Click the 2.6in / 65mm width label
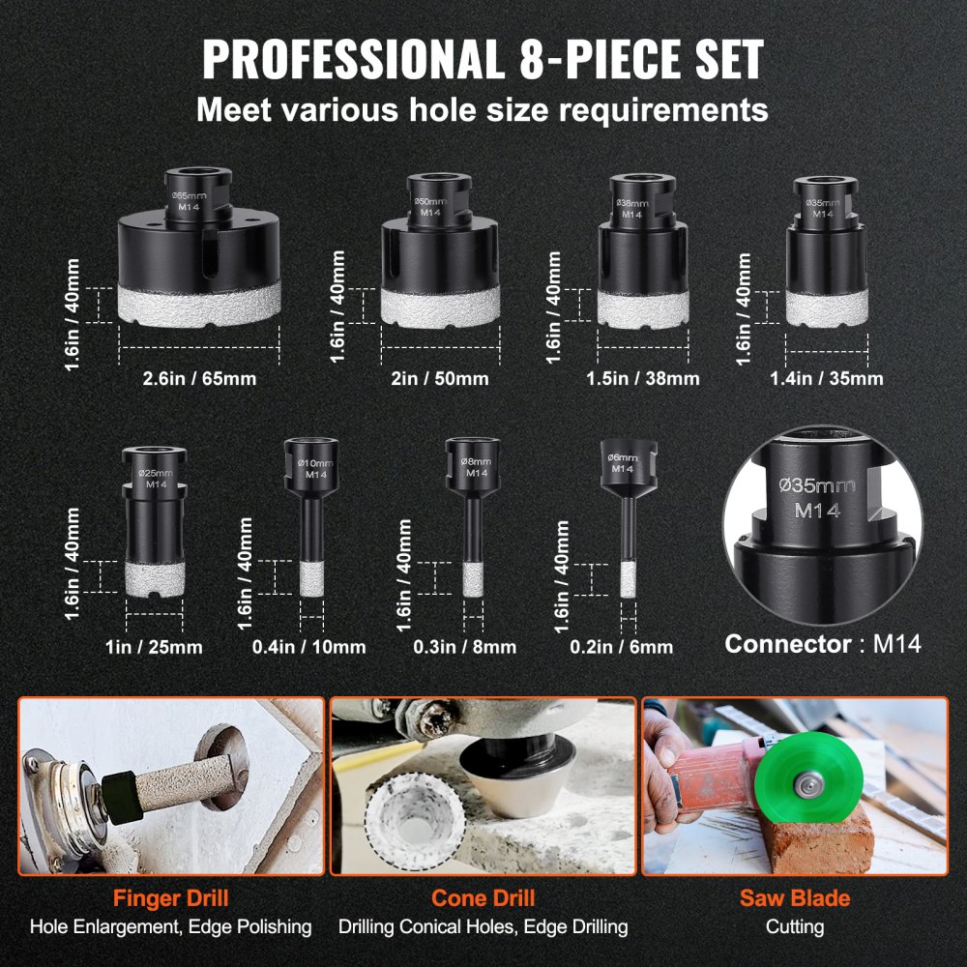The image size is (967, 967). [200, 378]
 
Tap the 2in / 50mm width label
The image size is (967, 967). [440, 378]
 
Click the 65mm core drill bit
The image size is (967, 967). [199, 261]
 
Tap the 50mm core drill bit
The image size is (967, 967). [440, 266]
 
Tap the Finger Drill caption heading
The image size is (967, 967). [170, 897]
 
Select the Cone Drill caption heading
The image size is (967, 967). [483, 897]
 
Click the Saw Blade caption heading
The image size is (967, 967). [795, 897]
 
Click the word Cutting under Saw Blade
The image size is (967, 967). [795, 926]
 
